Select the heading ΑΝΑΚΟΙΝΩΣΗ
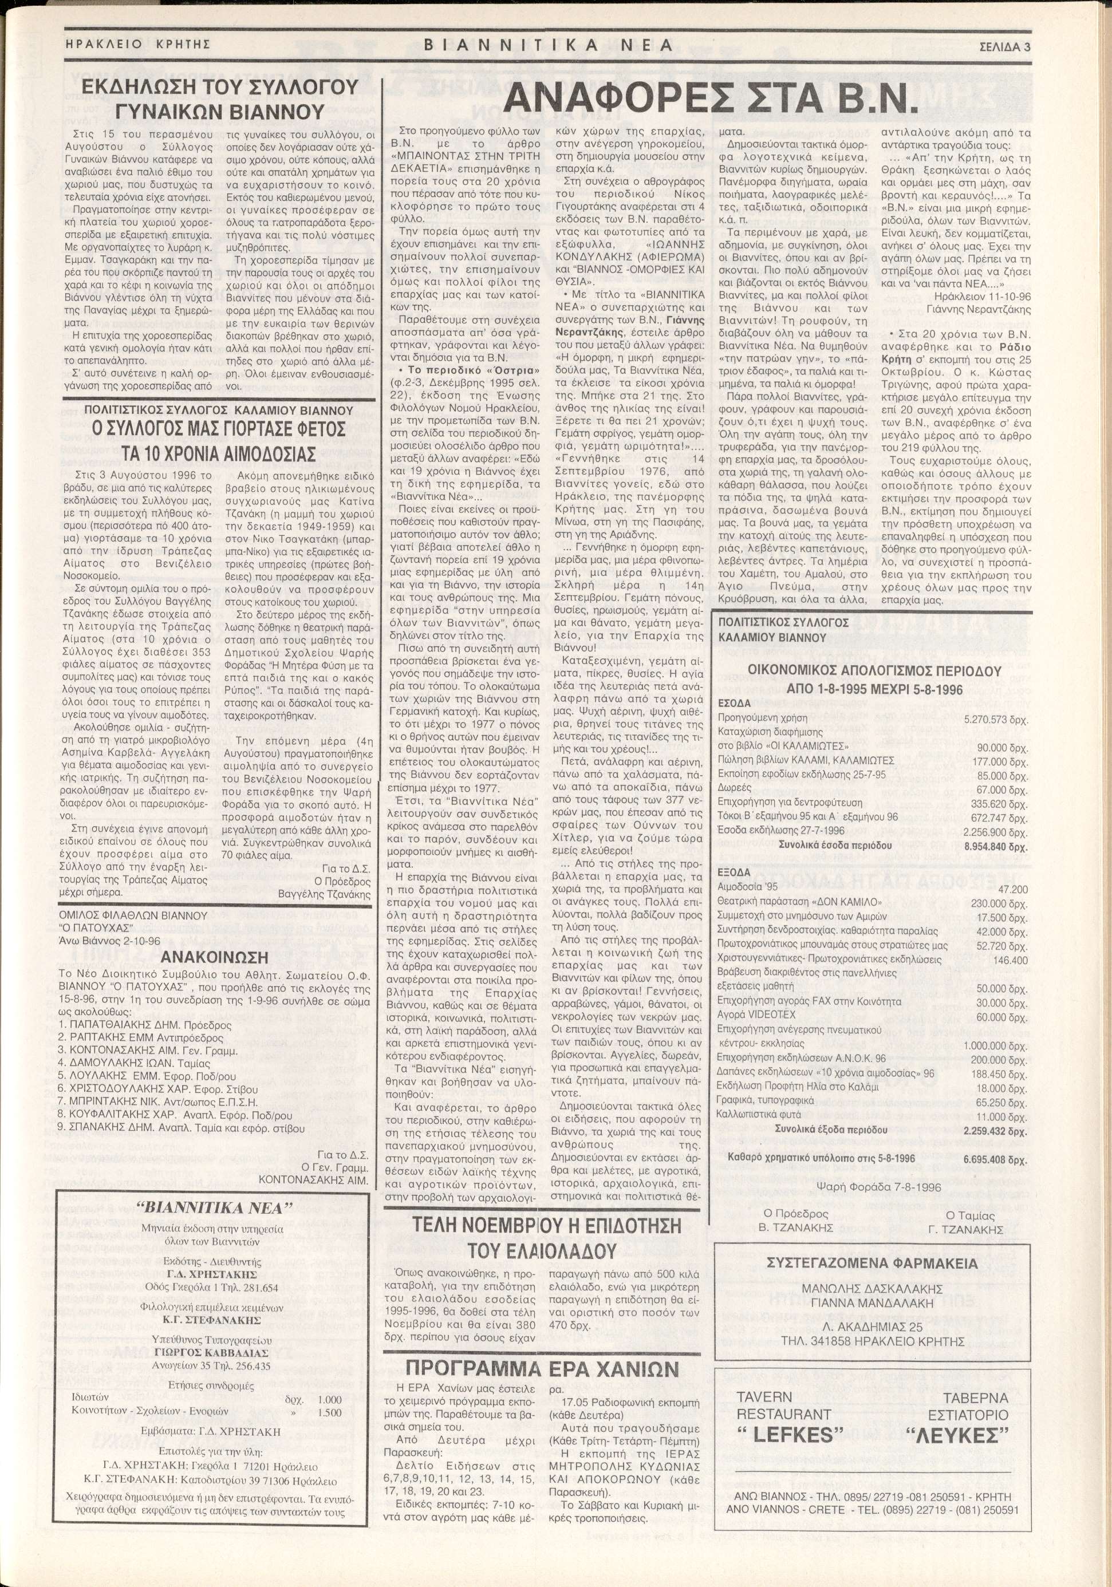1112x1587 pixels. tap(214, 957)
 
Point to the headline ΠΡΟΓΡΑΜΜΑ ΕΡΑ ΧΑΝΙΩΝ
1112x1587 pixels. tap(542, 1368)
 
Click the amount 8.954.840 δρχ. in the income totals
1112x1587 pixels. tap(996, 847)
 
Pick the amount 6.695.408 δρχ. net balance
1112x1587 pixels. tap(995, 1159)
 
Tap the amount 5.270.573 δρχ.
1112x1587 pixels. tap(996, 720)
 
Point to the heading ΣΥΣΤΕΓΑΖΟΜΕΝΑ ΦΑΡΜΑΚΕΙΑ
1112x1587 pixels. tap(872, 1263)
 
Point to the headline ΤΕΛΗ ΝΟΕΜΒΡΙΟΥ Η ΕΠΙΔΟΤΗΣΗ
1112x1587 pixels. tap(546, 1226)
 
